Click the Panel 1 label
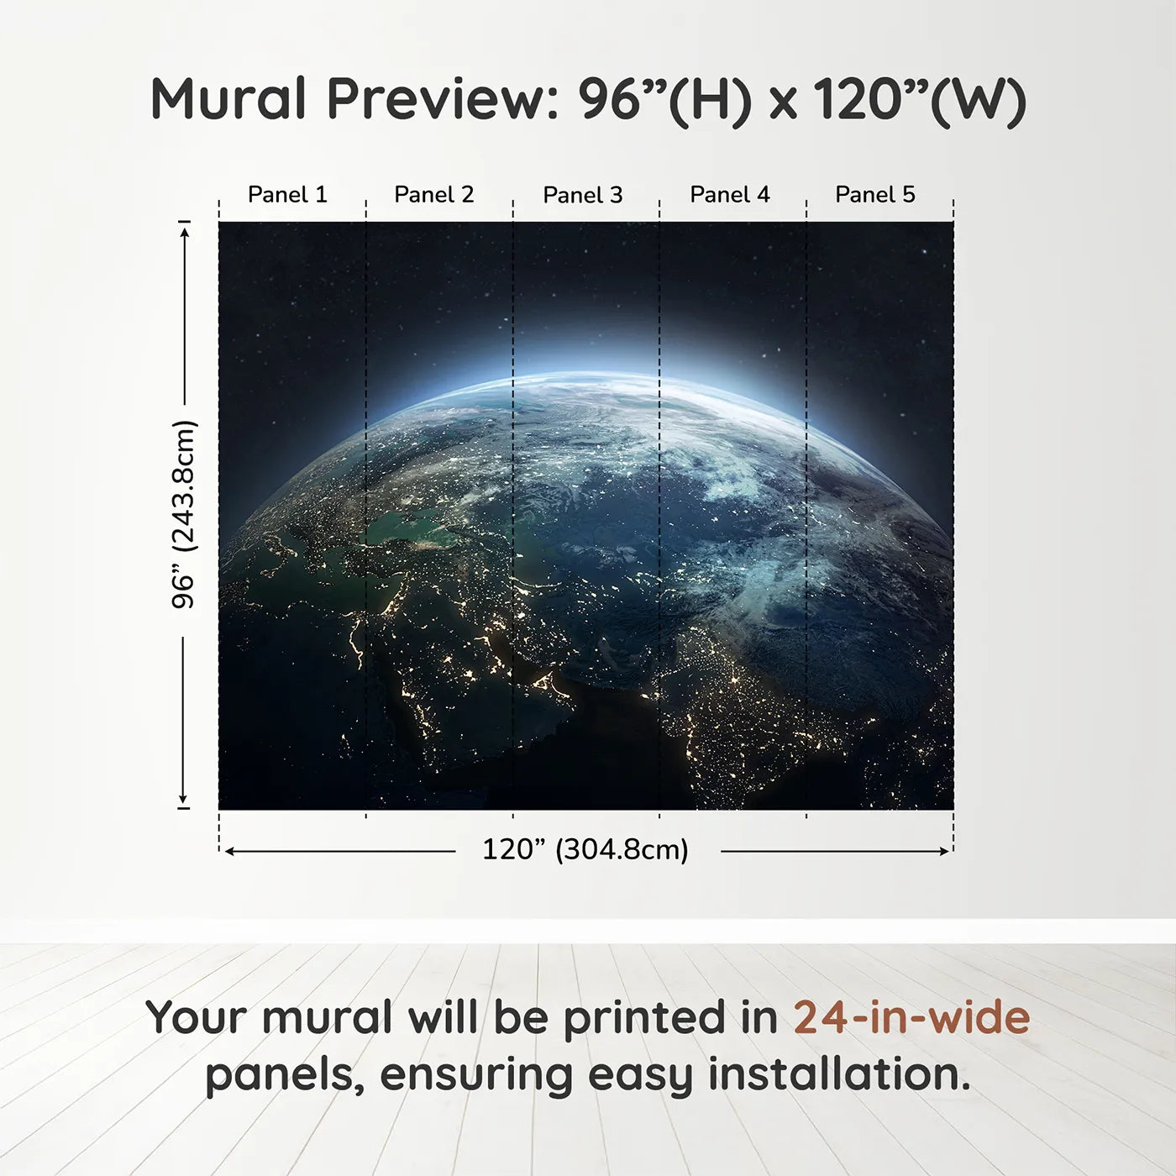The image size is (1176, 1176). pos(287,195)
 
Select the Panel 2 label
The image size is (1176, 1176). pos(433,195)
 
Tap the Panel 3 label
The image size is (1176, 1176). pos(582,195)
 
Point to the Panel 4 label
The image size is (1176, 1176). pos(729,195)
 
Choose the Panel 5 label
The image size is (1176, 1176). pos(874,195)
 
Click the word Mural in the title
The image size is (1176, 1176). pos(228,99)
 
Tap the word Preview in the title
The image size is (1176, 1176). pos(436,99)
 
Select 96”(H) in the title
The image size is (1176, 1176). pos(664,99)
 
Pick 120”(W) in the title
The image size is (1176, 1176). pos(920,99)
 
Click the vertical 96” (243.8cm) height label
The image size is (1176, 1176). pos(183,514)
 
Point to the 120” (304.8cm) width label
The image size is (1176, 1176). pos(585,850)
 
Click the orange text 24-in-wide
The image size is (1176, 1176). pos(911,1018)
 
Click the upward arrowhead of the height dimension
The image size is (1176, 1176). pos(184,230)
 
